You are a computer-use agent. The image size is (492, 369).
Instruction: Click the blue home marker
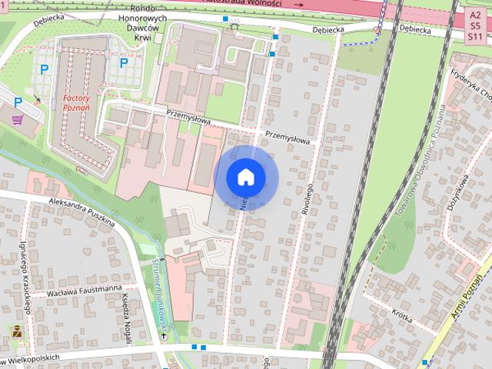(x=245, y=177)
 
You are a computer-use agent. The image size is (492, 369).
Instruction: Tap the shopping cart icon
(x=18, y=120)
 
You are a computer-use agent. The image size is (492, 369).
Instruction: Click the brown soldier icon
(x=16, y=332)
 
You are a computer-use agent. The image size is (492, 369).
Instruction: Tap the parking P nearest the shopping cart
(x=17, y=101)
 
